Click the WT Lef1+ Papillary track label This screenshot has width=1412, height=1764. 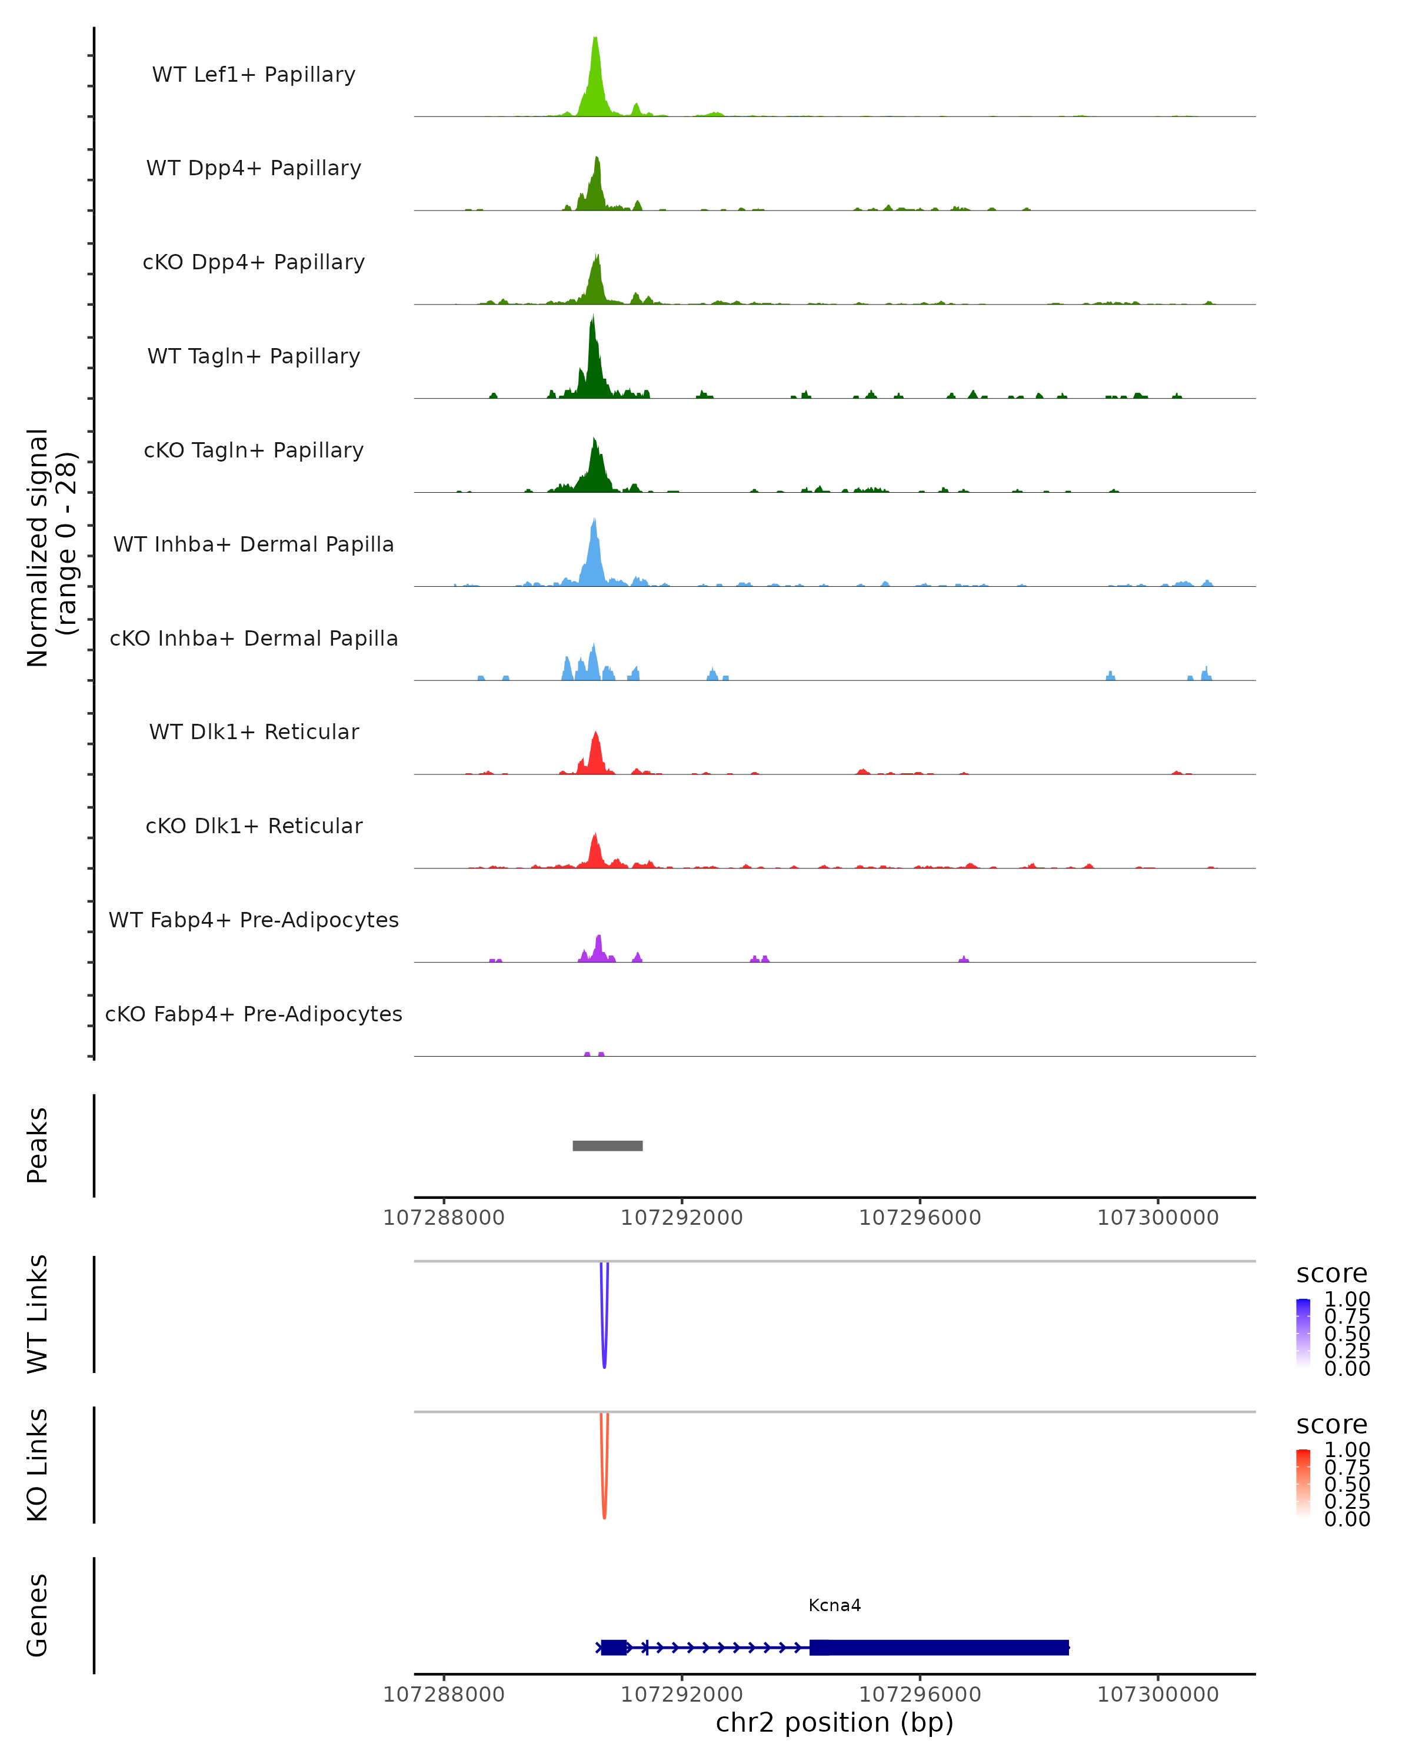pyautogui.click(x=254, y=75)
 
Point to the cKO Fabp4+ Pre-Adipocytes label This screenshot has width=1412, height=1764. pyautogui.click(x=254, y=1014)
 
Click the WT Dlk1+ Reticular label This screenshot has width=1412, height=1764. pyautogui.click(x=254, y=731)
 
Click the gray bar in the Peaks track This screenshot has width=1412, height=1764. pyautogui.click(x=607, y=1145)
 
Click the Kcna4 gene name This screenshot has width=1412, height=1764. pyautogui.click(x=834, y=1605)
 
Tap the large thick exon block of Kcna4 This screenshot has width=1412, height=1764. pyautogui.click(x=939, y=1647)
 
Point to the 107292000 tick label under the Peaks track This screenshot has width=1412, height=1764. pyautogui.click(x=682, y=1218)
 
